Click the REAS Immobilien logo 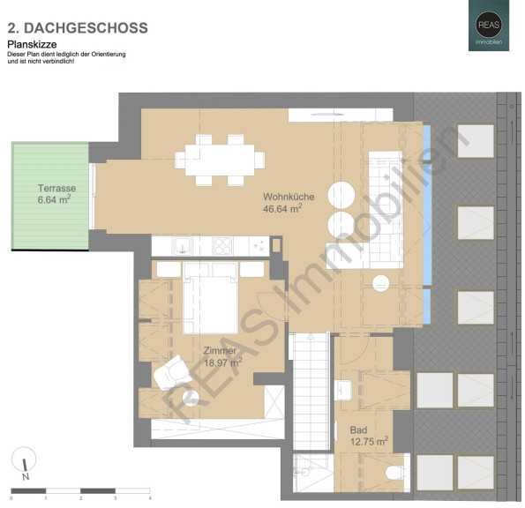[x=489, y=26]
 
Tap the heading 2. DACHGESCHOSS [x=78, y=28]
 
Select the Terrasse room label [x=56, y=188]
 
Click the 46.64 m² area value [x=282, y=209]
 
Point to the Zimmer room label [x=220, y=351]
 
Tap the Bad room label [x=358, y=430]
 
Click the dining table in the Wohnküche [x=220, y=160]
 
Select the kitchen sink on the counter [x=182, y=246]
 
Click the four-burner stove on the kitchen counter [x=223, y=246]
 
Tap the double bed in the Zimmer [x=211, y=298]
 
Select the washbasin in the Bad [x=343, y=390]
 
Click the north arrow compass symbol [x=24, y=463]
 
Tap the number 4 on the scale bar [x=150, y=498]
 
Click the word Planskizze [x=32, y=44]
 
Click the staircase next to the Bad [x=311, y=392]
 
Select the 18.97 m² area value [x=223, y=362]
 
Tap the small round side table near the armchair [x=191, y=399]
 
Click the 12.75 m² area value [x=370, y=441]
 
